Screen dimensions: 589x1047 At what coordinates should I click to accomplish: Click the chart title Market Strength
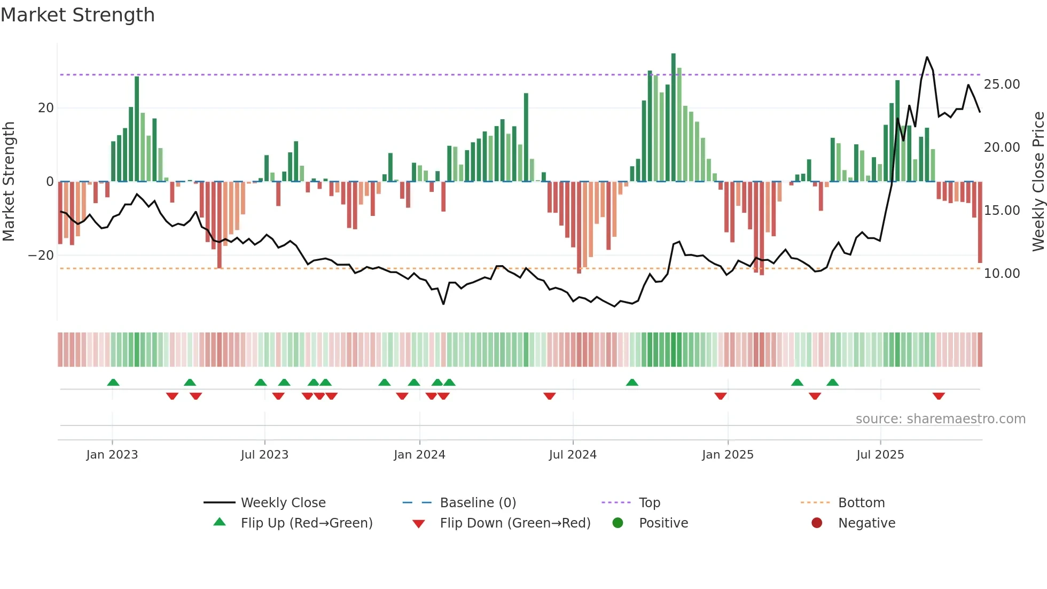click(77, 15)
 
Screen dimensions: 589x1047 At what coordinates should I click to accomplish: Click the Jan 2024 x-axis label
click(419, 455)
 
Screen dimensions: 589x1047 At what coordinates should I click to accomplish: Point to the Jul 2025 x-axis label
click(880, 455)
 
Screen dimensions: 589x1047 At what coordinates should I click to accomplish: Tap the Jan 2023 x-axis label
click(112, 455)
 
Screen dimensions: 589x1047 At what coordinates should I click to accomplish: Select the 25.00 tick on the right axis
click(1002, 84)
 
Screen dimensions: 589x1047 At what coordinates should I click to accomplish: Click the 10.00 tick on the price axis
click(1002, 274)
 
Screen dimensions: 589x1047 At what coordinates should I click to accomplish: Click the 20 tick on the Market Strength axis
click(46, 108)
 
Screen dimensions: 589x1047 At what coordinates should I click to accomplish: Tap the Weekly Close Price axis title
click(1038, 182)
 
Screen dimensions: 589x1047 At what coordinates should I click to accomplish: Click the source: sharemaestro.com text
click(940, 419)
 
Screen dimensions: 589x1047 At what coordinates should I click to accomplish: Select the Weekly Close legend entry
click(283, 503)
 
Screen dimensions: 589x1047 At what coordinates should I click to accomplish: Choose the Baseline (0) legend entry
click(478, 503)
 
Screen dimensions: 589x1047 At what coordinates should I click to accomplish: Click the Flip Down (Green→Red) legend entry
click(515, 523)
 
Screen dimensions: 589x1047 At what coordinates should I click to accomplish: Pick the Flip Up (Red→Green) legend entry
click(306, 523)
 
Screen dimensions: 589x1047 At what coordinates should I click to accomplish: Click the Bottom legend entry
click(861, 503)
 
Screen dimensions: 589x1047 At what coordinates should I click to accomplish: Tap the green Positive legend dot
click(618, 523)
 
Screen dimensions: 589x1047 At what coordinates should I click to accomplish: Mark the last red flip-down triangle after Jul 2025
click(939, 396)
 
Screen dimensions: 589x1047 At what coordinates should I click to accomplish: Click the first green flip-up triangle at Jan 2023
click(113, 382)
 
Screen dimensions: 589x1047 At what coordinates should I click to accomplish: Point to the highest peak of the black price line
click(927, 57)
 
